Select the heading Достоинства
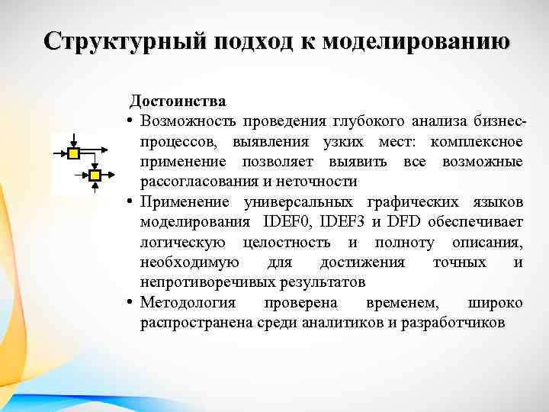[x=177, y=101]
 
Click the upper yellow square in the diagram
[x=73, y=154]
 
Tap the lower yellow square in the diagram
[x=95, y=176]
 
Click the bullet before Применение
[x=131, y=202]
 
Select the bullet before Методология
[x=131, y=303]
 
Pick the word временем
[x=402, y=303]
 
